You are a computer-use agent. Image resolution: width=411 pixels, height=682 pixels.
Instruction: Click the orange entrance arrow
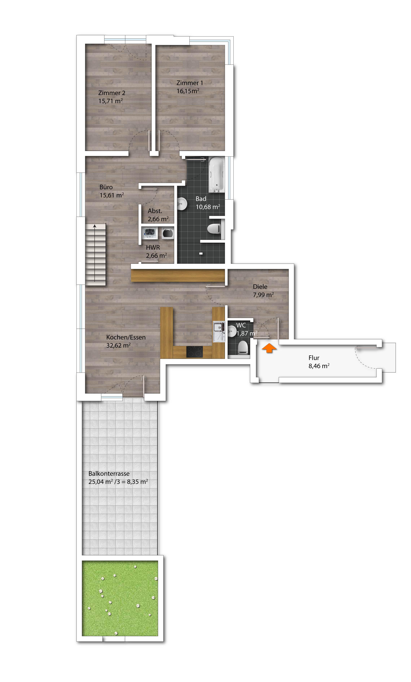269,348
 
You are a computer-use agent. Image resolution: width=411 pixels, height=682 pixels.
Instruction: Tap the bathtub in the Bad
216,175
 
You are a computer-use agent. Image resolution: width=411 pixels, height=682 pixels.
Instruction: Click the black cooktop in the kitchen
194,352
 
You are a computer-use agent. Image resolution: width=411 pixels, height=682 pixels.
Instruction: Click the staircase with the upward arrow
95,255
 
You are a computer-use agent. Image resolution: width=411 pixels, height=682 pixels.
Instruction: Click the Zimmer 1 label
190,83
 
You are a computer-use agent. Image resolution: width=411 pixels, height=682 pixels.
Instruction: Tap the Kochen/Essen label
126,337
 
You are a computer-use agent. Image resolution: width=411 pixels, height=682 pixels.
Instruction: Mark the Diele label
260,287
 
